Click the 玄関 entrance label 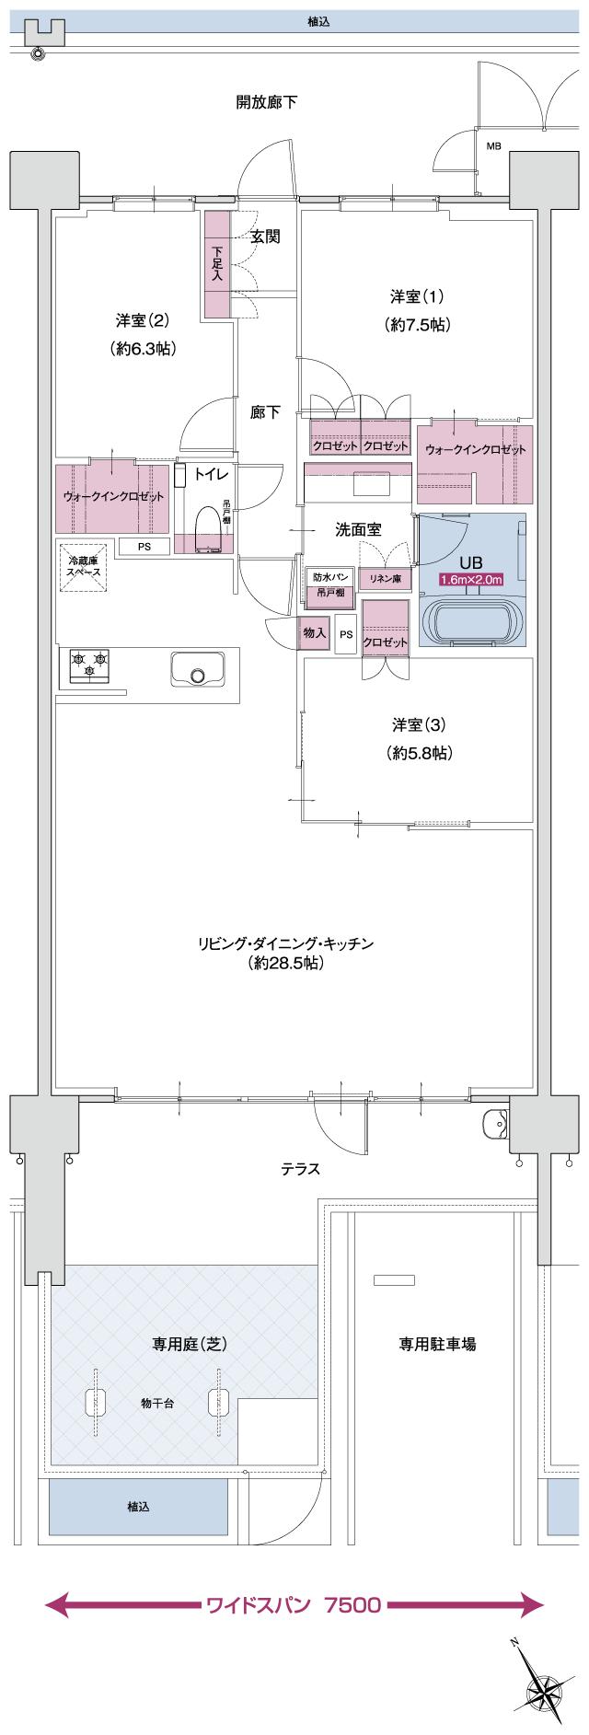pyautogui.click(x=265, y=237)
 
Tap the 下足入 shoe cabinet pyautogui.click(x=217, y=265)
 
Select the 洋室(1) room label pyautogui.click(x=417, y=296)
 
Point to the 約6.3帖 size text pyautogui.click(x=142, y=349)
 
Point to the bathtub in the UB pyautogui.click(x=470, y=621)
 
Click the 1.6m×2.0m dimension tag pyautogui.click(x=470, y=580)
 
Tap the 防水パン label pyautogui.click(x=329, y=576)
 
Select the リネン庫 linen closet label pyautogui.click(x=385, y=578)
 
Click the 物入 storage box pyautogui.click(x=314, y=634)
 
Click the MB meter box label pyautogui.click(x=492, y=146)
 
